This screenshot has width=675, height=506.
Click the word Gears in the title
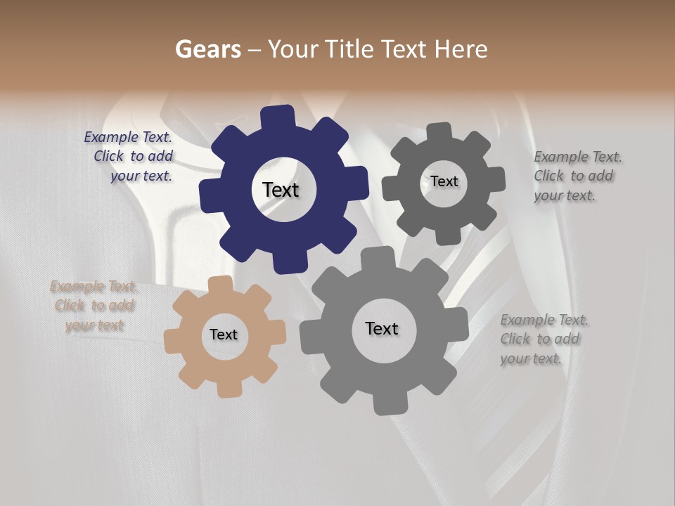tap(207, 49)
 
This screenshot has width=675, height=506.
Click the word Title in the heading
tap(352, 49)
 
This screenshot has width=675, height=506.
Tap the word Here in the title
tap(461, 49)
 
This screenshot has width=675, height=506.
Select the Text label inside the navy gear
tap(281, 190)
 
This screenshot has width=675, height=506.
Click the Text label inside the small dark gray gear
tap(444, 181)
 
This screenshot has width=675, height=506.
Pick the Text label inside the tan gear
tap(224, 335)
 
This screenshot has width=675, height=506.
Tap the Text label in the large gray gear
tap(382, 328)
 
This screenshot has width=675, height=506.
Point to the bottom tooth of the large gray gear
tap(385, 403)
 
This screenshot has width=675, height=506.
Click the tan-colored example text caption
tap(94, 306)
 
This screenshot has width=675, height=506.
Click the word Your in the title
tap(293, 49)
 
